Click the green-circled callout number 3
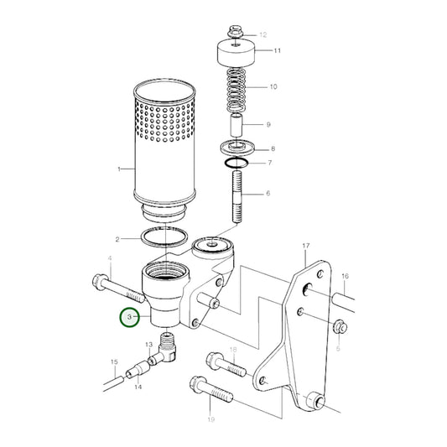pyautogui.click(x=128, y=318)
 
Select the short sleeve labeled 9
pyautogui.click(x=237, y=125)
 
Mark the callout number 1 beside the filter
pyautogui.click(x=119, y=169)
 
